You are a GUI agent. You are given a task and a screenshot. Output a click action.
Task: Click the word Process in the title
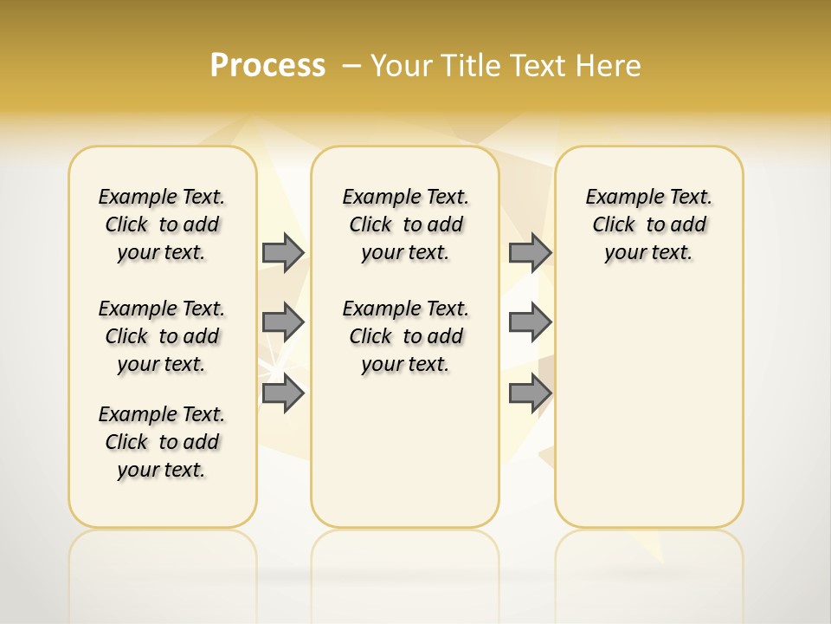coord(267,66)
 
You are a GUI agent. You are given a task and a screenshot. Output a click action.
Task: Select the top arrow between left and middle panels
coord(282,252)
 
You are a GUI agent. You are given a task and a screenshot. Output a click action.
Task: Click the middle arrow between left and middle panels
coord(282,322)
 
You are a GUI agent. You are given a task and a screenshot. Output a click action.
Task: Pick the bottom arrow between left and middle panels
coord(282,393)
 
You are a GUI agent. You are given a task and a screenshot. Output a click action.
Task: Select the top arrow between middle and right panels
coord(530,252)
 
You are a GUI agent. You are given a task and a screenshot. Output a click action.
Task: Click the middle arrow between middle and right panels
coord(530,322)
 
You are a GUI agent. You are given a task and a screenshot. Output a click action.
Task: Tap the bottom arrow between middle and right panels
coord(530,393)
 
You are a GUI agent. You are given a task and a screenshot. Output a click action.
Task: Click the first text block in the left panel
coord(162,224)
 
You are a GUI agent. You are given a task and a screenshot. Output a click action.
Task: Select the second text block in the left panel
coord(162,336)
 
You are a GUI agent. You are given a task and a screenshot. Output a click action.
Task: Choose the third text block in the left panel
coord(162,442)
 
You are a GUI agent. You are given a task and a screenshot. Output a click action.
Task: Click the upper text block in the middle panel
coord(405,224)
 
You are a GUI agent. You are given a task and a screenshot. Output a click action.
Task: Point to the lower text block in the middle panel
coord(405,336)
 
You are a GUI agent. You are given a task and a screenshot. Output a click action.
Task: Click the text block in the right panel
coord(648,224)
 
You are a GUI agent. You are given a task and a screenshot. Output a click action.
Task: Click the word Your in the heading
coord(401,66)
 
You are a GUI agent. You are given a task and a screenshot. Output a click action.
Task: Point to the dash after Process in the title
coord(351,66)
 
